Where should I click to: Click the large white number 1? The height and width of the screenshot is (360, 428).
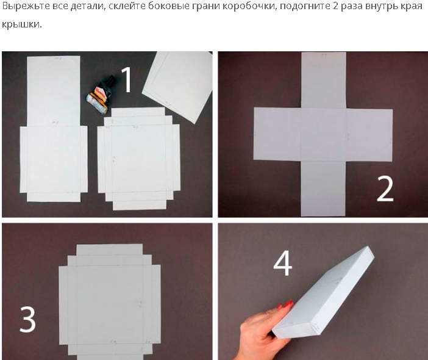pos(127,79)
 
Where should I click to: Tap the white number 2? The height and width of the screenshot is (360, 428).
pos(385,189)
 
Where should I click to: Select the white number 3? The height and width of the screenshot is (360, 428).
pos(27,319)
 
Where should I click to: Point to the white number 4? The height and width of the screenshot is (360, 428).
pos(283,264)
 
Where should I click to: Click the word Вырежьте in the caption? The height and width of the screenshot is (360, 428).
pos(26,5)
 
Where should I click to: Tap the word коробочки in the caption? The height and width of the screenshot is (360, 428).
pos(248,6)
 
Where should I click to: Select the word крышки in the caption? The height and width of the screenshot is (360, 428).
pos(21,24)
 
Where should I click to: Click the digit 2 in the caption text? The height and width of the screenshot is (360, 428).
pos(335,5)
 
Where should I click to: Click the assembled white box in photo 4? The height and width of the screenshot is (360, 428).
pos(323,292)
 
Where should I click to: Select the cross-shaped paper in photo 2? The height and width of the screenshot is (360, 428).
pos(323,134)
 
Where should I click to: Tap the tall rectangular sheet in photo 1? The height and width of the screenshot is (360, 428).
pos(54,129)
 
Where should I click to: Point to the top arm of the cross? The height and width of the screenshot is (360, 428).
pos(324,81)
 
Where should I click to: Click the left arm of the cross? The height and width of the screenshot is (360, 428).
pos(277,134)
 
